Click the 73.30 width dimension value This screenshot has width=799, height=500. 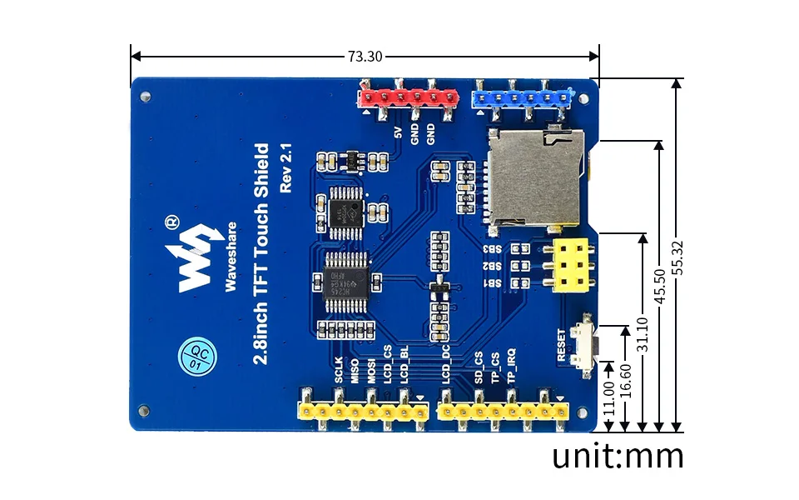[365, 57]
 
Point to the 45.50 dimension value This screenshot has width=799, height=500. [660, 287]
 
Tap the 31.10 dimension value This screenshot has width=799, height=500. [642, 333]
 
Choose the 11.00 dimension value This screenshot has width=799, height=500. [609, 397]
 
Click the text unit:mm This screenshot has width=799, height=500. [618, 456]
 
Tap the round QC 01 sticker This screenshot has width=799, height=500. [196, 356]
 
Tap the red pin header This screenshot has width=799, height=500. [409, 97]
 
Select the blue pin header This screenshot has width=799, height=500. [522, 97]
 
